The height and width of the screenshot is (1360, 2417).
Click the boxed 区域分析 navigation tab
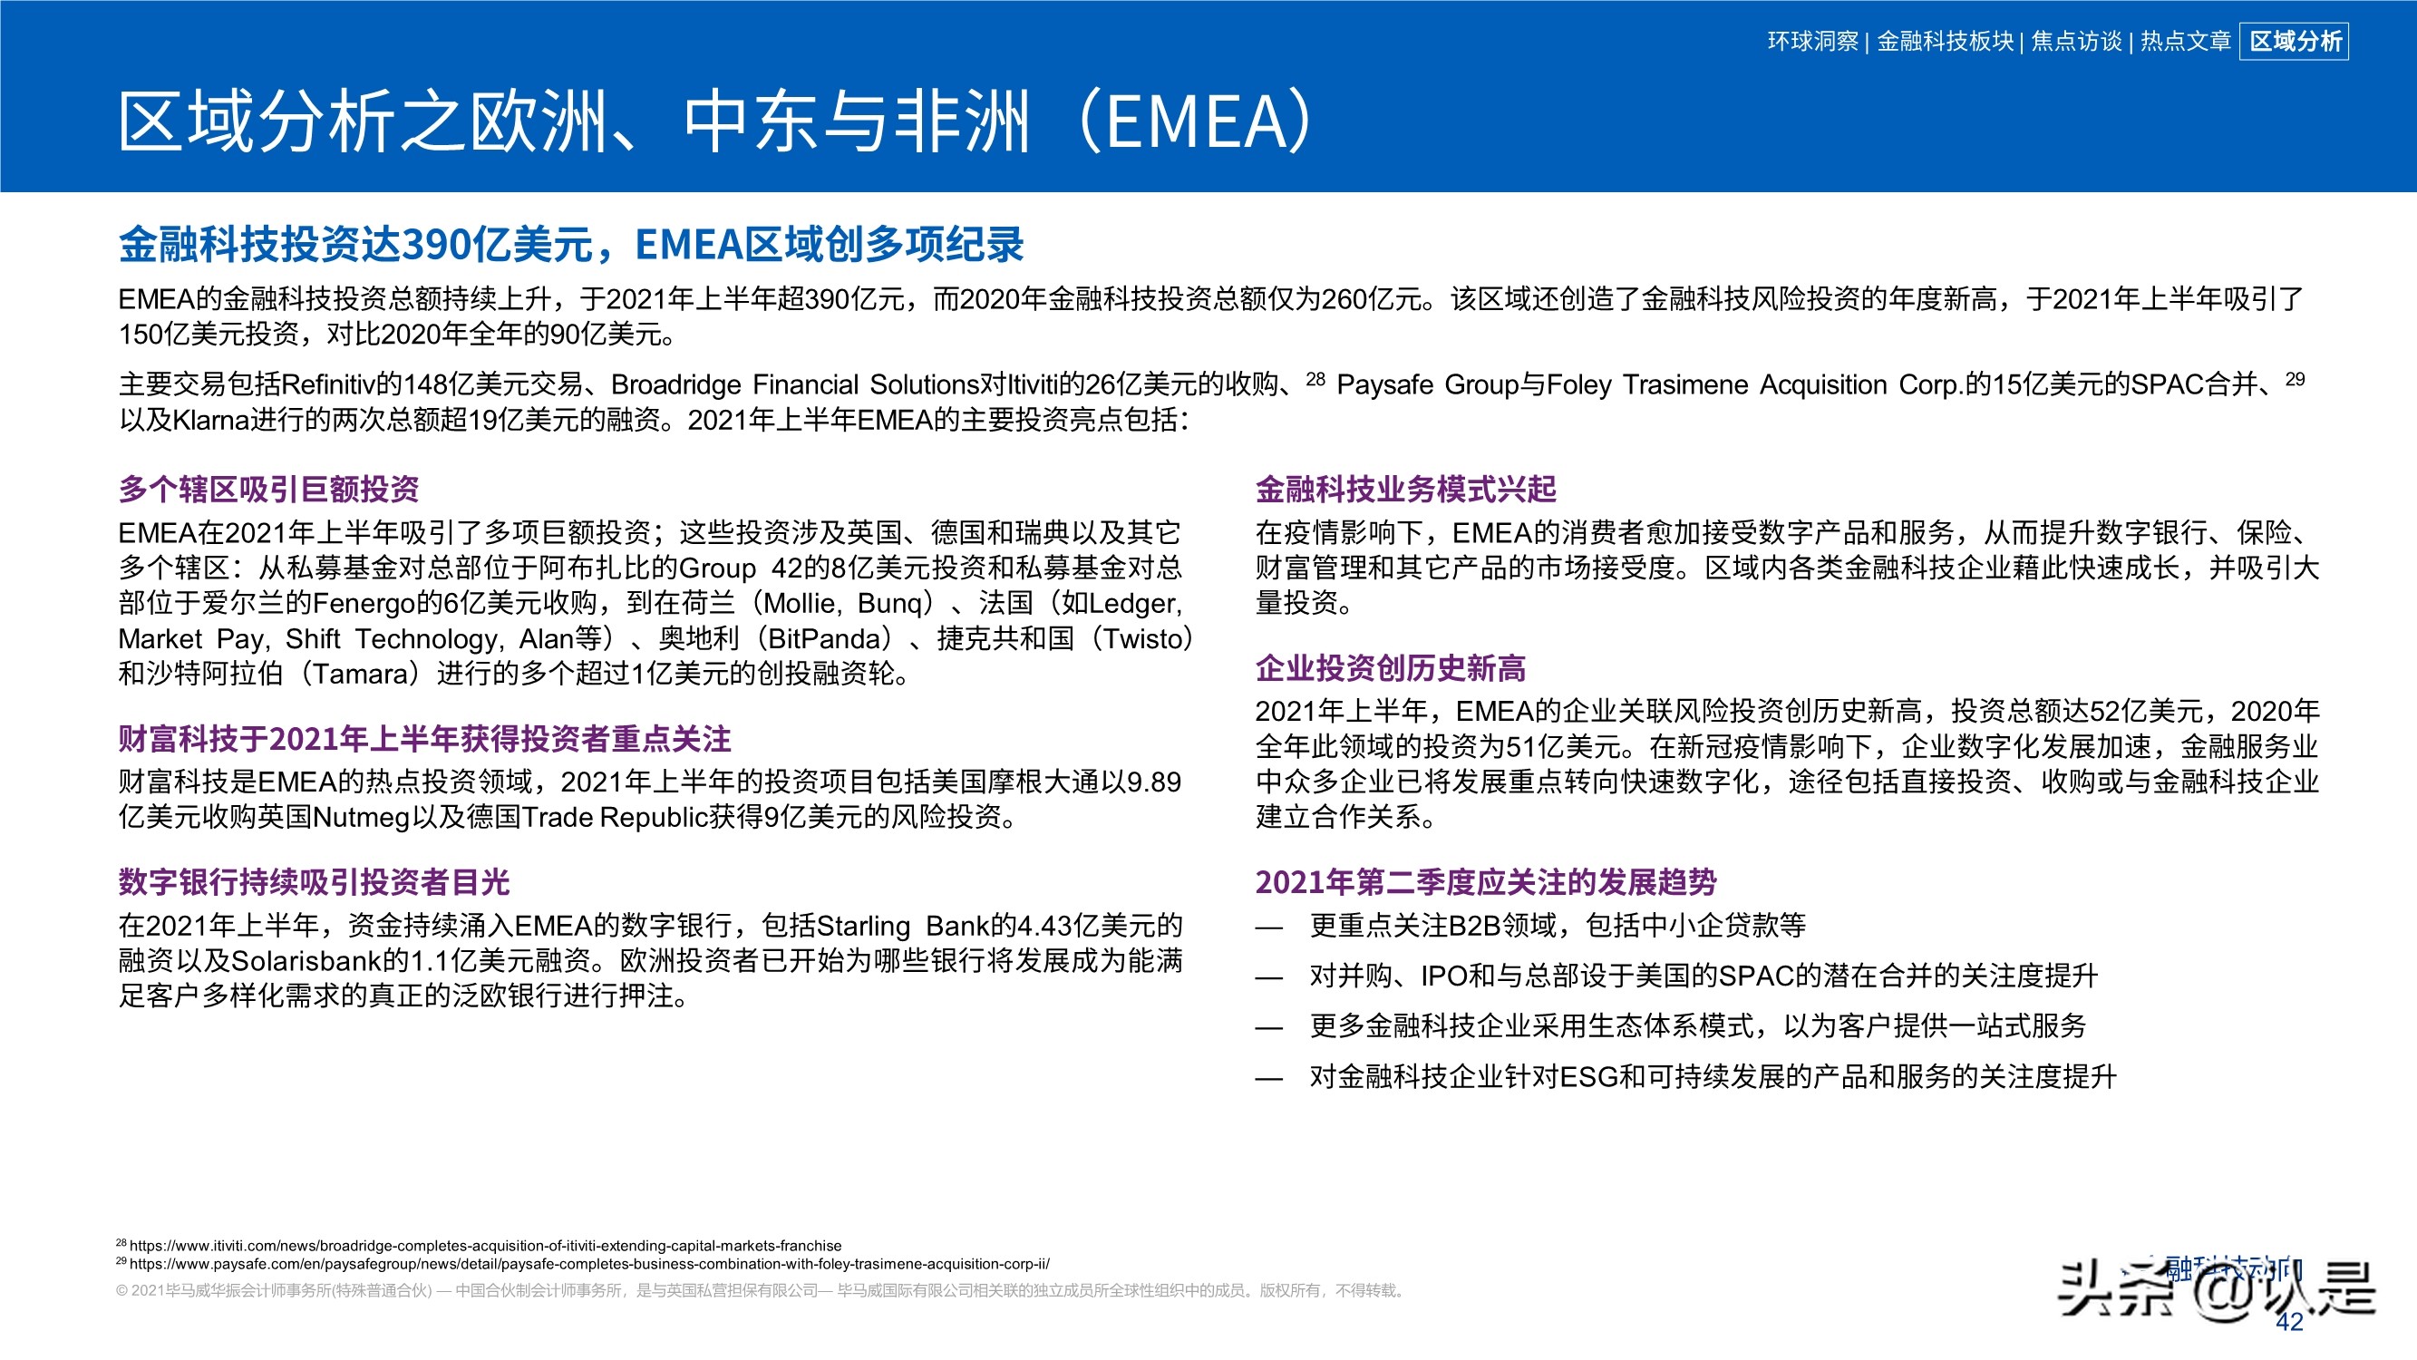click(2294, 42)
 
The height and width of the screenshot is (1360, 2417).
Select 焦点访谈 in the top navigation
click(2075, 42)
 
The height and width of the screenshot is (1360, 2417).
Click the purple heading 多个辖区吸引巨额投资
click(268, 489)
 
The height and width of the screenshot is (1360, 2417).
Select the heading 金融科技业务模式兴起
click(1405, 489)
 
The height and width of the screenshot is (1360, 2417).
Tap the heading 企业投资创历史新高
click(1391, 668)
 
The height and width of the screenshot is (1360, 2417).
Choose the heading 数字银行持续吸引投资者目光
click(314, 882)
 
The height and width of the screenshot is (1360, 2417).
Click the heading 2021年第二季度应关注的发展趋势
click(1485, 882)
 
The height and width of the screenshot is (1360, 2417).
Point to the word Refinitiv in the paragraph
click(327, 384)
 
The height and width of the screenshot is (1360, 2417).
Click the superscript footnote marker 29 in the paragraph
click(2294, 379)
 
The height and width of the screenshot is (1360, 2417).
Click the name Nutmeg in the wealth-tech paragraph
click(361, 818)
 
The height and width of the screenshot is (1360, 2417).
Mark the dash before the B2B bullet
click(1268, 928)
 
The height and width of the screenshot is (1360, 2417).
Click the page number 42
click(2289, 1322)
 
